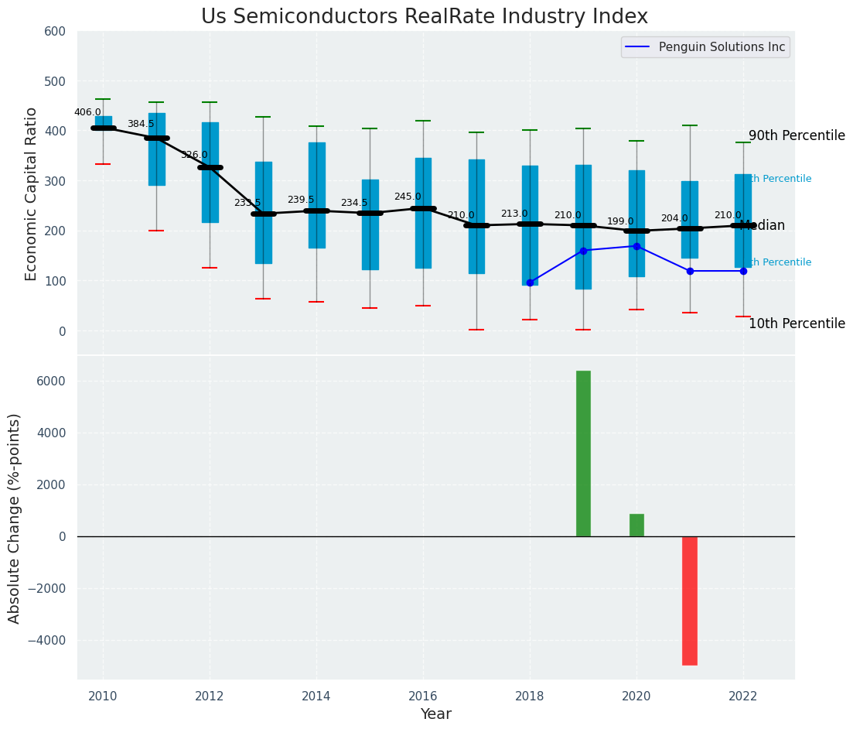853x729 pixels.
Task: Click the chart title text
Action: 425,17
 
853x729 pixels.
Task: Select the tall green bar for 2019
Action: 583,453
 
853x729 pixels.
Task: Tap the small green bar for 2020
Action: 636,525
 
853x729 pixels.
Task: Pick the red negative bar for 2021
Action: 690,601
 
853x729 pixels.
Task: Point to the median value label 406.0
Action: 87,112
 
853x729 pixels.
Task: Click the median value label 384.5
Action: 141,124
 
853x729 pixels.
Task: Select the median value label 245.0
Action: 408,197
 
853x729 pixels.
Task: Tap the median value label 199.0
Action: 620,221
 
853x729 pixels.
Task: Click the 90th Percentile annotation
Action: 797,136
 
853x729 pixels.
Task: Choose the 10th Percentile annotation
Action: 797,324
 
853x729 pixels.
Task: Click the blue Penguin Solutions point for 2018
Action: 530,282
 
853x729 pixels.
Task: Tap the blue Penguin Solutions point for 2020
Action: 636,246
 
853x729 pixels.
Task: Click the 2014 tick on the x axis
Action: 316,696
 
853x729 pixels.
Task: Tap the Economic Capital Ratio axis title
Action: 32,193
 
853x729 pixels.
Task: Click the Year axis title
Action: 436,714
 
